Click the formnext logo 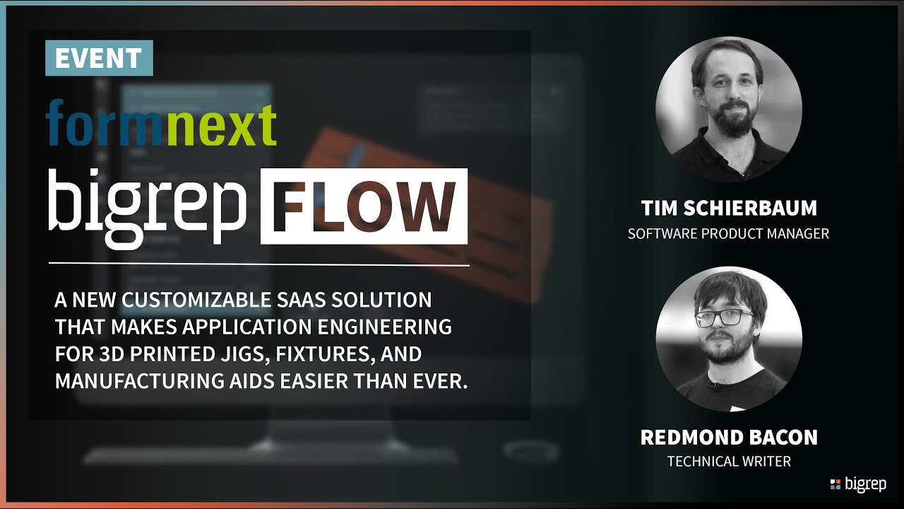point(161,122)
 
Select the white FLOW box point(364,206)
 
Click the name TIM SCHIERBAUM point(728,209)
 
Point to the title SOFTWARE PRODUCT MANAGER point(728,233)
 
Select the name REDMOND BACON point(728,438)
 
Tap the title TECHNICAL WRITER point(728,462)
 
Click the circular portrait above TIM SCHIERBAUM point(728,110)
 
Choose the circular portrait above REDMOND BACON point(728,339)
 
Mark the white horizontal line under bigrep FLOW point(258,265)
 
